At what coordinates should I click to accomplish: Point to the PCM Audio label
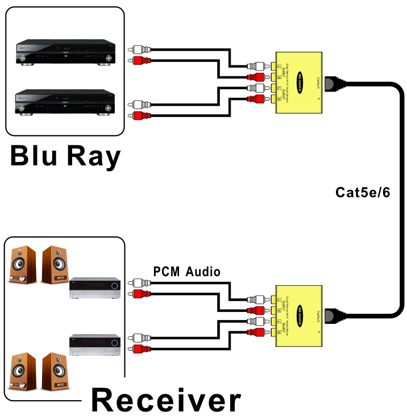tap(186, 272)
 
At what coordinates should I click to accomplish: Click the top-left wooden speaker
tap(22, 264)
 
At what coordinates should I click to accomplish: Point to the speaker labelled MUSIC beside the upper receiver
tap(55, 264)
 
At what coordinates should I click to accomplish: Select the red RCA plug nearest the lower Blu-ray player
tap(137, 116)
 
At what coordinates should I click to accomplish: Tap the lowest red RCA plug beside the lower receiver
tap(137, 349)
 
